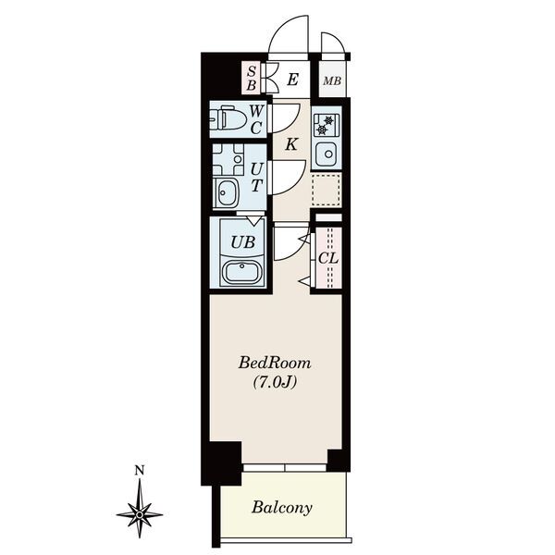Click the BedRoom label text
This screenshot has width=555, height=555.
(x=275, y=364)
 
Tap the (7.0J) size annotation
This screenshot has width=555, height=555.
(x=275, y=382)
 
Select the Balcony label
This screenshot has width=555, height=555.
(x=282, y=508)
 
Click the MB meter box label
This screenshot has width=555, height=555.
(x=332, y=81)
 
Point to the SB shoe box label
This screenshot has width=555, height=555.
(x=251, y=78)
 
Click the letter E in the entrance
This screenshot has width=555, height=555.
(x=292, y=80)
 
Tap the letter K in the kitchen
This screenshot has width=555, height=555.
(x=291, y=144)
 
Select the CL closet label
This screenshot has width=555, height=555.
(x=328, y=258)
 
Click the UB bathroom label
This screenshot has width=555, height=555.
(x=242, y=242)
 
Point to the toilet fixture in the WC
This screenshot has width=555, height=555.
(x=228, y=119)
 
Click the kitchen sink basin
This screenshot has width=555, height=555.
(x=327, y=154)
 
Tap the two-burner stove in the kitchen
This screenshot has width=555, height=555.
(x=326, y=125)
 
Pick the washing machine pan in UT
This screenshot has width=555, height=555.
(x=228, y=159)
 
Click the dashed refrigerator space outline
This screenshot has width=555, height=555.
(x=327, y=190)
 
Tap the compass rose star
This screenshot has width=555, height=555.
(x=140, y=514)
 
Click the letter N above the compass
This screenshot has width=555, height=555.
(x=140, y=471)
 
